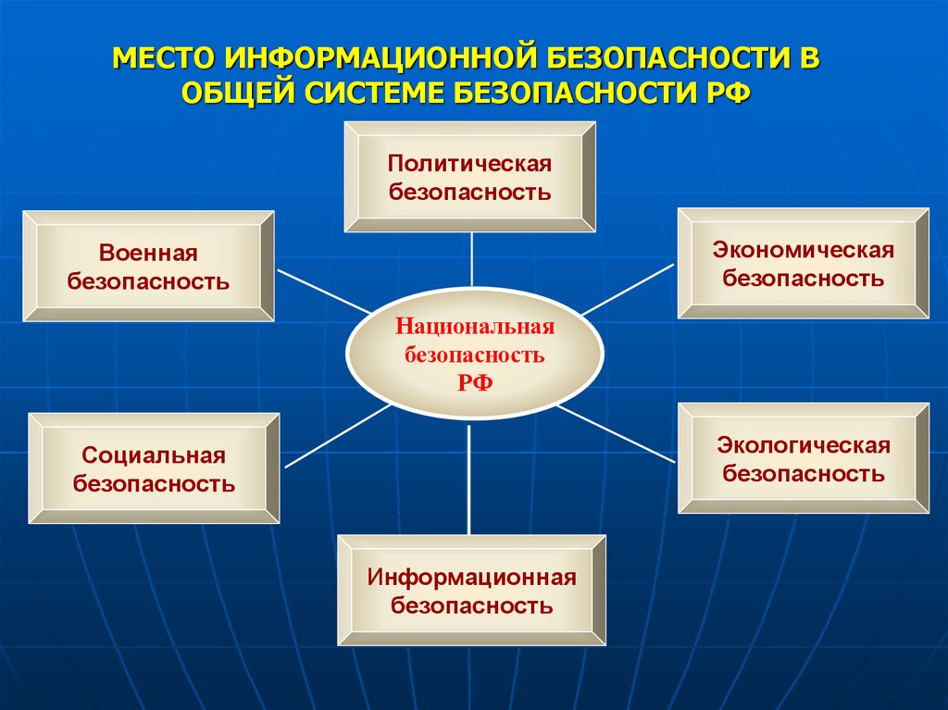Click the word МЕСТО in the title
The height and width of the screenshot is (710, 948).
(164, 59)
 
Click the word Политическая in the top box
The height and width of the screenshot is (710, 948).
(469, 164)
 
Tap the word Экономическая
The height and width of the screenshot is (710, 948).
(803, 250)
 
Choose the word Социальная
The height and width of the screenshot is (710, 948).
(154, 455)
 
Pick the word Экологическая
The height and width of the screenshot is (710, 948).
(803, 445)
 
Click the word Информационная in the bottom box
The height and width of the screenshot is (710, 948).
(471, 578)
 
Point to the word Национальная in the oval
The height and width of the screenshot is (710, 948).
(474, 327)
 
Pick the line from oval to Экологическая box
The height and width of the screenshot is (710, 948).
(617, 434)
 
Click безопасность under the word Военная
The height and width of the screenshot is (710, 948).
(148, 281)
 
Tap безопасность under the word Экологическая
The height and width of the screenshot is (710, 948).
(803, 474)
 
